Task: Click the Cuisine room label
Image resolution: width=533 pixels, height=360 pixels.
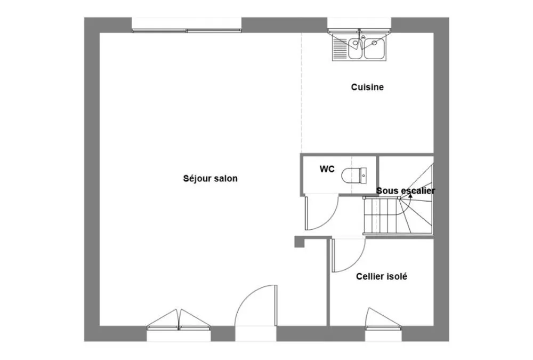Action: click(x=367, y=87)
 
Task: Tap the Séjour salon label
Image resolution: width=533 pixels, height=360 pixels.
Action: click(x=210, y=179)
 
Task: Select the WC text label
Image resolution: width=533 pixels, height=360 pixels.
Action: click(x=327, y=169)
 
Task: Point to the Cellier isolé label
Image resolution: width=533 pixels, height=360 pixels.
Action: click(x=382, y=276)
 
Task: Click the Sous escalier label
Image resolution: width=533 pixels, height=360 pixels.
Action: click(x=406, y=190)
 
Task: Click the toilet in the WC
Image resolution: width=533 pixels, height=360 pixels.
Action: click(x=354, y=175)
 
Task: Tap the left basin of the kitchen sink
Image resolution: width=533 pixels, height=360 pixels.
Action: click(x=355, y=48)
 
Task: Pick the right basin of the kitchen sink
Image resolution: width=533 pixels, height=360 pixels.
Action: click(x=374, y=48)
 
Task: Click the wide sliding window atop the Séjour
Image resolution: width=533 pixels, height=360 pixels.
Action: click(x=187, y=25)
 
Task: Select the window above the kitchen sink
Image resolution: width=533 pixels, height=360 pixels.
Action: click(x=359, y=26)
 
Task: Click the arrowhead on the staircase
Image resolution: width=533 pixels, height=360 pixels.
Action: click(x=410, y=196)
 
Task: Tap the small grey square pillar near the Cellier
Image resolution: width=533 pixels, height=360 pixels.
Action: click(x=299, y=242)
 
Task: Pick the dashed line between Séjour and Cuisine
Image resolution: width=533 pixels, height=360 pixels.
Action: click(x=301, y=93)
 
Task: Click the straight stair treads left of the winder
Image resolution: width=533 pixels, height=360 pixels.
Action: click(x=381, y=215)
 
